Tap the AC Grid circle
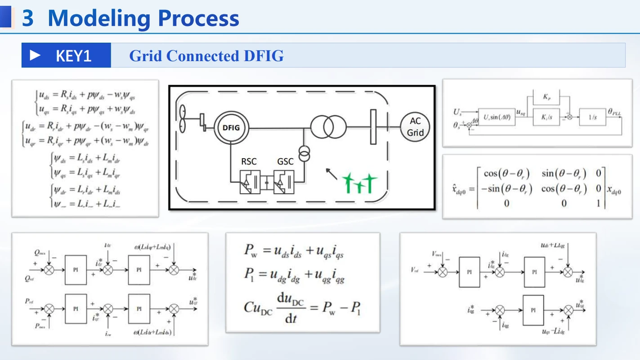pos(415,127)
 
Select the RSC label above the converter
pos(249,161)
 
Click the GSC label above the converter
pos(285,161)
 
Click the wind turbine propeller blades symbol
pos(183,119)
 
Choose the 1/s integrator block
pos(592,116)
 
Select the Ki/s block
pos(546,116)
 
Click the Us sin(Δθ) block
pos(497,117)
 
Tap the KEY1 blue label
pos(66,55)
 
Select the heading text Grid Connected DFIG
pos(206,56)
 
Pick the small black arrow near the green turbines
pos(332,173)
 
